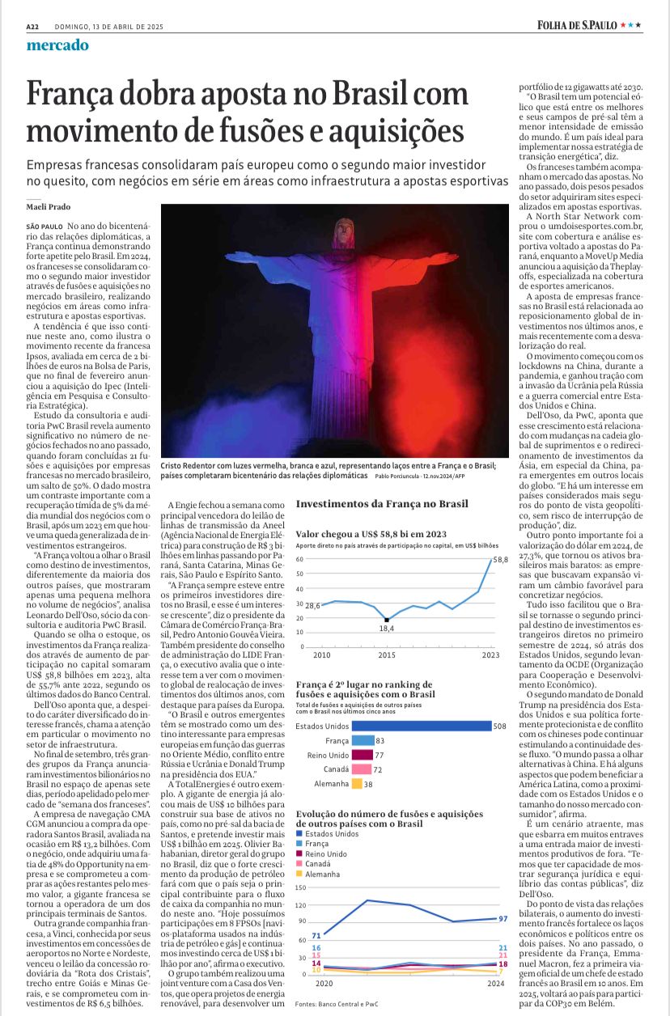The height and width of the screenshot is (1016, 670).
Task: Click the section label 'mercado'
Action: (x=57, y=45)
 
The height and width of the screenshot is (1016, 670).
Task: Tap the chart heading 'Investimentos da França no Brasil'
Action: (x=382, y=504)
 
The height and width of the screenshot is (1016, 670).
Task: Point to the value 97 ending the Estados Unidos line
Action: (x=502, y=919)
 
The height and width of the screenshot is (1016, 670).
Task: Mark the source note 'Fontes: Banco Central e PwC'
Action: (x=336, y=1003)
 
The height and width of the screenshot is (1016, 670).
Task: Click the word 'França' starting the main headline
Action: (x=76, y=94)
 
